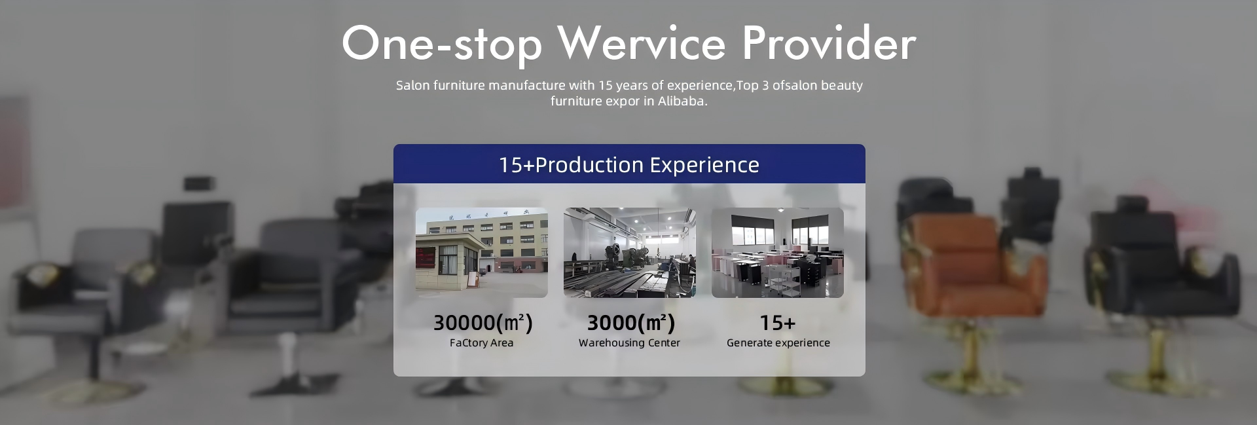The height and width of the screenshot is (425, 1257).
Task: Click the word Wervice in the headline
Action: click(642, 43)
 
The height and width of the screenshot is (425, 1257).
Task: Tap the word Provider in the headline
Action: click(829, 43)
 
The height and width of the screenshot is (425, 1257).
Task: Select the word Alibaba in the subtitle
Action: click(683, 101)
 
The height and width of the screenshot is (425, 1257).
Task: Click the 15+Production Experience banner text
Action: click(629, 164)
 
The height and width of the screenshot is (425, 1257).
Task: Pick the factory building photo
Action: click(482, 253)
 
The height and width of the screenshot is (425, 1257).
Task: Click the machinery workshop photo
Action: click(630, 253)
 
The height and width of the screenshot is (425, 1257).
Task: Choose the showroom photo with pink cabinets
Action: click(778, 253)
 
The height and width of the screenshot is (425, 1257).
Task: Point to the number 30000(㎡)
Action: click(483, 322)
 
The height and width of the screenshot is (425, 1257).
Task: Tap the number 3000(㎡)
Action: click(630, 322)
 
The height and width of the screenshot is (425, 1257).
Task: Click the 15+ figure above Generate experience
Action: click(778, 323)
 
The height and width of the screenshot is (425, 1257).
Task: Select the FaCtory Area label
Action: click(481, 342)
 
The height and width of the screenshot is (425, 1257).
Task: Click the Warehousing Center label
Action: click(629, 342)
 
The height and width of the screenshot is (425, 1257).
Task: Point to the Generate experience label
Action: click(778, 342)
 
